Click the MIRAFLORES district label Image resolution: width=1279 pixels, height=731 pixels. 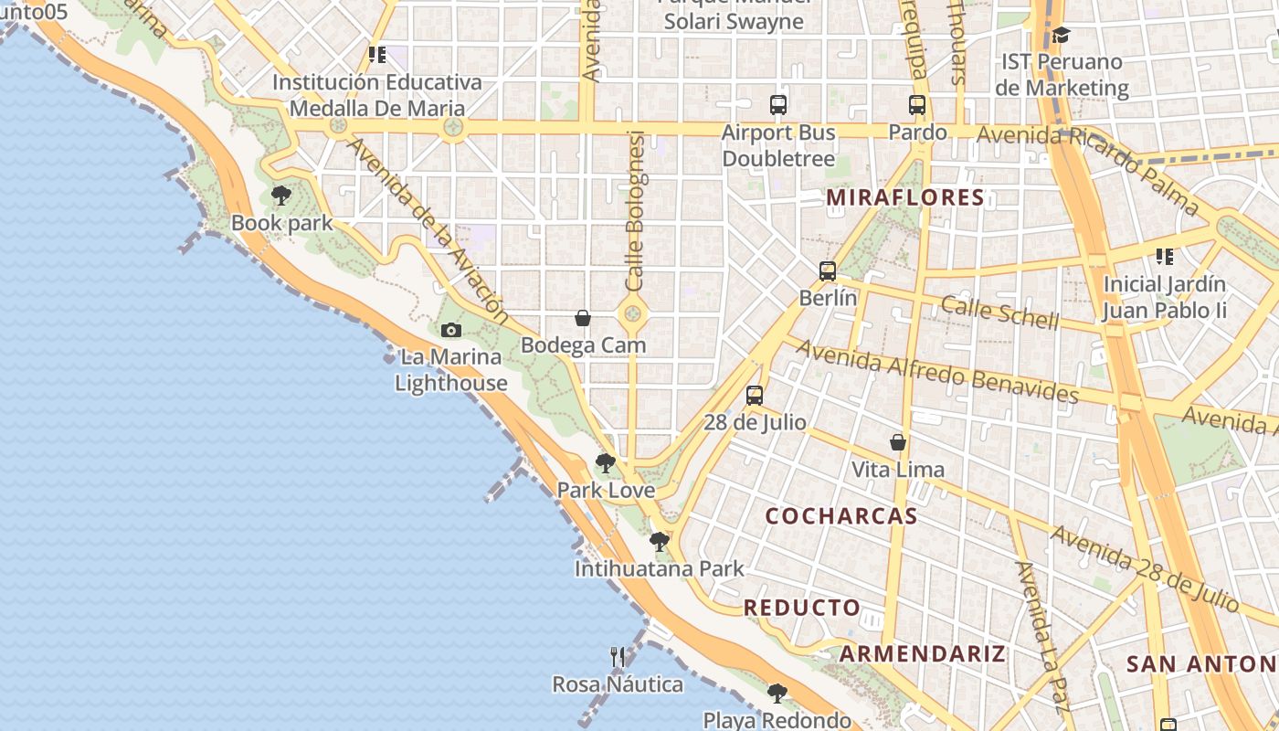coord(905,197)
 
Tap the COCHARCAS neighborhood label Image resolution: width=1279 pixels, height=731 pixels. coord(840,516)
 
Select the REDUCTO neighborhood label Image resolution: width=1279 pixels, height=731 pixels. coord(801,608)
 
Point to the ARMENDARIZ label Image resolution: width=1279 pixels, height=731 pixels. coord(922,654)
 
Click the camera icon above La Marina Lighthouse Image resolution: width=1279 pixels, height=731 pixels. coord(450,330)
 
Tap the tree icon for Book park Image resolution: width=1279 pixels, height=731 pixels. coord(281,196)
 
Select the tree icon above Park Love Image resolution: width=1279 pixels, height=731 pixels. coord(605,463)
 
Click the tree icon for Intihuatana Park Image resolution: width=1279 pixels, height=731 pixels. coord(659,542)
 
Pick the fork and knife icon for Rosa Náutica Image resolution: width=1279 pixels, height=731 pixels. coord(618,657)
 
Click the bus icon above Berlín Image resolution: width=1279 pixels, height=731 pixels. coord(828,271)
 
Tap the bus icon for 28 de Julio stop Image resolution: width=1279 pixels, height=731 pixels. coord(755,396)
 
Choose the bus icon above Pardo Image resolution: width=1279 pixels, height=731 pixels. coord(917,105)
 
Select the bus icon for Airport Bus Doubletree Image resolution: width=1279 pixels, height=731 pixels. coord(778,105)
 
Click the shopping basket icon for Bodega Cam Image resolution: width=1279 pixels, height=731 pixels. coord(583,318)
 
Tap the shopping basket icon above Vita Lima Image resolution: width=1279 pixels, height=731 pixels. coord(898,442)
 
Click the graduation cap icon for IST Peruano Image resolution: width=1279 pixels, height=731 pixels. coord(1061,36)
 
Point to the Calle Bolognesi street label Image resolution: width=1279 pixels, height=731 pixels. coord(636,211)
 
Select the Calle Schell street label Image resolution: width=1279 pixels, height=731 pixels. coord(999,313)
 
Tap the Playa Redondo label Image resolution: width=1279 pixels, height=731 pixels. coord(777,720)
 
